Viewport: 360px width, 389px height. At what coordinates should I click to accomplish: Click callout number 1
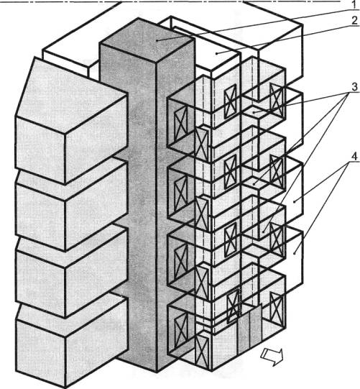pos(355,4)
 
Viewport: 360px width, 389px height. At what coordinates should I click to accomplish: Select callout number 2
pos(355,21)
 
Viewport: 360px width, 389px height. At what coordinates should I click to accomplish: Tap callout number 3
pos(354,87)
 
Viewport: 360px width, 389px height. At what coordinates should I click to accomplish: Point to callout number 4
pos(355,157)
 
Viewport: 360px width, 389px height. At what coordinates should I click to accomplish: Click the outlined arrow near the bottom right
pos(272,356)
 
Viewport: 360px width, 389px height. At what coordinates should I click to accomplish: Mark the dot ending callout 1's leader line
pos(157,40)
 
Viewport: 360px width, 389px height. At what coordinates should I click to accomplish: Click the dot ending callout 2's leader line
pos(217,53)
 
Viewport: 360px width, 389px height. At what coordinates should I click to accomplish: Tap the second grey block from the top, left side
pos(71,205)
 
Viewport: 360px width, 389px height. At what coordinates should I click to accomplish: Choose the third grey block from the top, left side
pos(71,272)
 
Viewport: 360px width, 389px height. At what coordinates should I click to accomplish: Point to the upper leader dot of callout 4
pos(294,202)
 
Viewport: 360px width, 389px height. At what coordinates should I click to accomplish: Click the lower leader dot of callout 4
pos(294,253)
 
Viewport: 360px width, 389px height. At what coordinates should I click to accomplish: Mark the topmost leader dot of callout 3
pos(254,113)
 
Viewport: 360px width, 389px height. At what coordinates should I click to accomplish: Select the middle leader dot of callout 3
pos(254,185)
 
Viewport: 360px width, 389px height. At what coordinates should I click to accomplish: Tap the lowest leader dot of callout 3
pos(263,232)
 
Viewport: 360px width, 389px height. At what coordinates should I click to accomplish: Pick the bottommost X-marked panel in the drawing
pos(201,352)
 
